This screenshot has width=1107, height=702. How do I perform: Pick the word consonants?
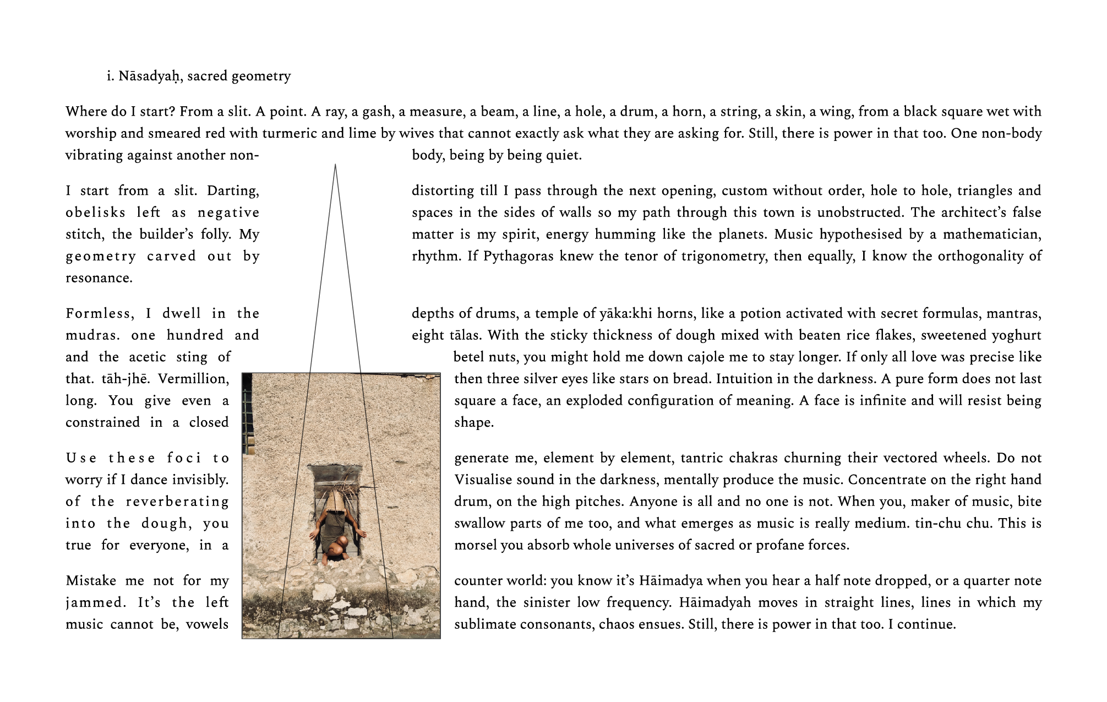click(x=554, y=624)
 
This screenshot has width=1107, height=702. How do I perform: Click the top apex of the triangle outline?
click(x=335, y=164)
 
